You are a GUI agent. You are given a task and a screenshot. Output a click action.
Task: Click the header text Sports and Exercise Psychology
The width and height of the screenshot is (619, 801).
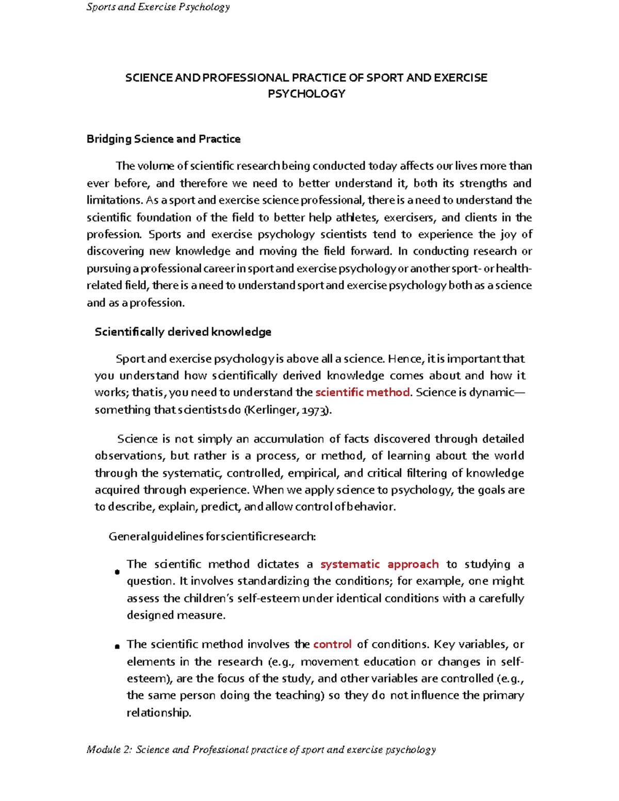(x=158, y=7)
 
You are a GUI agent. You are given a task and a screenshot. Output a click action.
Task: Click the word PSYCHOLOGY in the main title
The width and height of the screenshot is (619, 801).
(x=306, y=94)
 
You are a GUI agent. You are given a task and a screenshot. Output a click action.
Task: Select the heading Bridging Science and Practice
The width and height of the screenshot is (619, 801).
(x=164, y=139)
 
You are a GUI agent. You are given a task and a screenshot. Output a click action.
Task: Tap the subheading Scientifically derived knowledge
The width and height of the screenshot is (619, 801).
(x=183, y=332)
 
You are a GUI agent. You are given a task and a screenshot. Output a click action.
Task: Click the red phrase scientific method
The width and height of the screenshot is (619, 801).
(x=362, y=393)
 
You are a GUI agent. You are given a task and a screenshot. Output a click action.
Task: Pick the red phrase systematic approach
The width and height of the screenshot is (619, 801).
(x=379, y=564)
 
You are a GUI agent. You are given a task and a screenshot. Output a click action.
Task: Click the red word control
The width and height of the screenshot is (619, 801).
(x=332, y=644)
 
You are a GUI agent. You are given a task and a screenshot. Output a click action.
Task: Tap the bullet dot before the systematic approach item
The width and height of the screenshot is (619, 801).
(x=117, y=571)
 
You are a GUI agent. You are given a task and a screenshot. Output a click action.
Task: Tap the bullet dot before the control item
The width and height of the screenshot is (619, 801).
(x=117, y=646)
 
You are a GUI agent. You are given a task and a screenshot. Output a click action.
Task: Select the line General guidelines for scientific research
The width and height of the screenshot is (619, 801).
(x=212, y=536)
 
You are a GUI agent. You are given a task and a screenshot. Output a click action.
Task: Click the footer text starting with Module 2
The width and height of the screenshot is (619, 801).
(x=261, y=749)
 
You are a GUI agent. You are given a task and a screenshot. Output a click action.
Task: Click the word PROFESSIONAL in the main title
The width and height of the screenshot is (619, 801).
(x=246, y=78)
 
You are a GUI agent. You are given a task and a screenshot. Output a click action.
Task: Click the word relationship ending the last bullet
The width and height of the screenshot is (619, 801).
(x=158, y=713)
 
